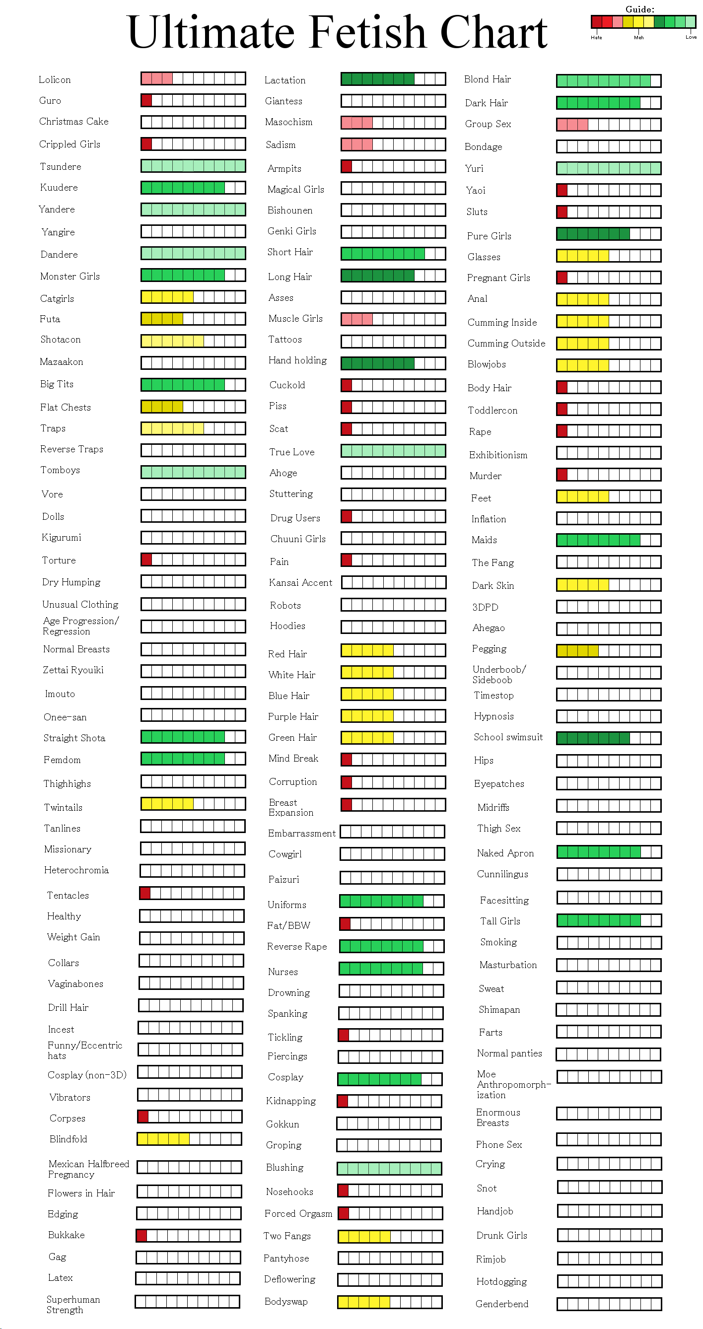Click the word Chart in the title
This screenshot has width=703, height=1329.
point(493,32)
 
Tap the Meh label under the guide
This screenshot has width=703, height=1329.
point(638,38)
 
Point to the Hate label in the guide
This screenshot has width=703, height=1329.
point(596,38)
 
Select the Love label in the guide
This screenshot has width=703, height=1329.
point(691,37)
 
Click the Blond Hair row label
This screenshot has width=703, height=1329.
point(487,79)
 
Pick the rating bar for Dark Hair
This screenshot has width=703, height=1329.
point(608,103)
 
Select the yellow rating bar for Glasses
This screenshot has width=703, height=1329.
point(608,255)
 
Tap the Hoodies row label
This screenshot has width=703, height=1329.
point(287,626)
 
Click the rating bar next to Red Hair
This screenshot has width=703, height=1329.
point(393,650)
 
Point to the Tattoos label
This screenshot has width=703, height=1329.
point(284,340)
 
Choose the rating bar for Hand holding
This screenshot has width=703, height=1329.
point(393,363)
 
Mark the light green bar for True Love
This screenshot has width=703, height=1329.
point(393,451)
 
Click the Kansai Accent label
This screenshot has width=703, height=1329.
point(300,582)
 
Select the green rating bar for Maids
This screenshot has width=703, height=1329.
point(608,540)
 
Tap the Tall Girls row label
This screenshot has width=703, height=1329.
point(500,921)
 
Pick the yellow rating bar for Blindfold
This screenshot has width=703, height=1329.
point(189,1139)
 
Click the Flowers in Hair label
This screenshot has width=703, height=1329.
point(81,1193)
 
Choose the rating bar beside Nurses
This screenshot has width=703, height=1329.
point(391,969)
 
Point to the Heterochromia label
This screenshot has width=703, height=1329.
point(76,870)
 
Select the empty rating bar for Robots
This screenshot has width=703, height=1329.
point(393,605)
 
